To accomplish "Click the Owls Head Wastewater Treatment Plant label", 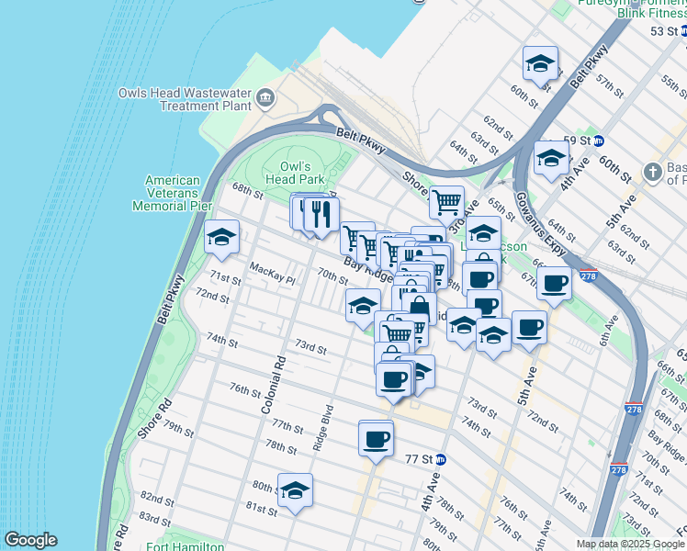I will tap(185, 99).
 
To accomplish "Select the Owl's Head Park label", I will tap(302, 172).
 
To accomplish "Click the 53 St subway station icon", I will tap(682, 31).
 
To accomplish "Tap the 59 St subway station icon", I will tap(598, 141).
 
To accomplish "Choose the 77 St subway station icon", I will tap(441, 459).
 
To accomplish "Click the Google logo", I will tap(30, 540).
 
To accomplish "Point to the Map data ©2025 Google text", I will tap(630, 544).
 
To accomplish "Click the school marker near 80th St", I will tap(295, 491).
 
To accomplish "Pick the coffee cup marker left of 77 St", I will tap(376, 439).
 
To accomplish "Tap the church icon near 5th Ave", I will tap(651, 172).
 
